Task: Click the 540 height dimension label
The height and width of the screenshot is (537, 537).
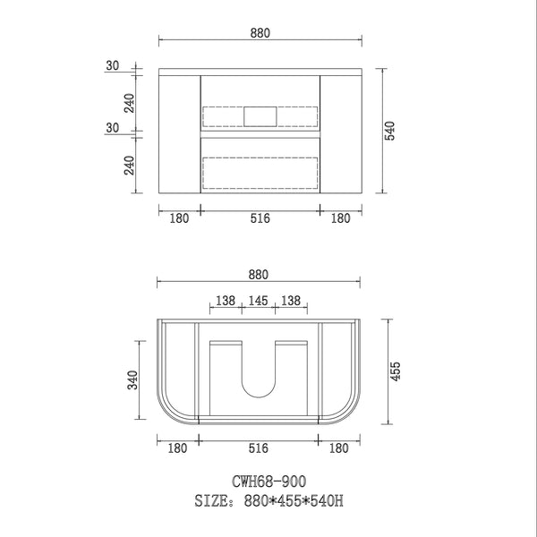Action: pyautogui.click(x=390, y=131)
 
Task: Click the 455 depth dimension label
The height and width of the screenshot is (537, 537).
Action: pyautogui.click(x=396, y=371)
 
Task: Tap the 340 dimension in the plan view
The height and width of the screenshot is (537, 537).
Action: pyautogui.click(x=132, y=379)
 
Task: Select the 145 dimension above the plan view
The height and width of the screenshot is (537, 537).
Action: pyautogui.click(x=259, y=301)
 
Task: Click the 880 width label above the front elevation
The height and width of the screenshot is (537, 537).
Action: pyautogui.click(x=260, y=33)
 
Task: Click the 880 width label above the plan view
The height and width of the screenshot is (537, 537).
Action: pyautogui.click(x=259, y=275)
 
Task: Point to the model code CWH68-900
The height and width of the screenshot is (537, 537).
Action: pyautogui.click(x=268, y=482)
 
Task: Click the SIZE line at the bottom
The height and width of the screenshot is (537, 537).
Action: pyautogui.click(x=268, y=500)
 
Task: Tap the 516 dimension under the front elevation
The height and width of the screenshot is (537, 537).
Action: pyautogui.click(x=260, y=218)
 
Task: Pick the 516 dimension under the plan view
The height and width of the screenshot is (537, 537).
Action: pyautogui.click(x=259, y=448)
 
